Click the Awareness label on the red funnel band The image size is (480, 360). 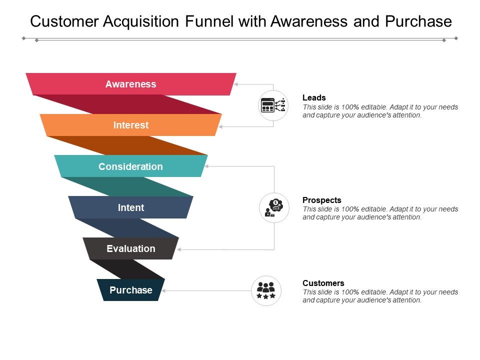pyautogui.click(x=130, y=84)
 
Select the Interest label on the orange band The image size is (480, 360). pyautogui.click(x=131, y=125)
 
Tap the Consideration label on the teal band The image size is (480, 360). pyautogui.click(x=130, y=166)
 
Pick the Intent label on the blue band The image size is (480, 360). pyautogui.click(x=131, y=207)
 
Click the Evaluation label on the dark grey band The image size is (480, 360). pyautogui.click(x=131, y=248)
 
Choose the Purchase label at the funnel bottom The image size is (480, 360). pyautogui.click(x=131, y=290)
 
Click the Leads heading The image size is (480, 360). pyautogui.click(x=314, y=97)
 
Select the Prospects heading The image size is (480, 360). pyautogui.click(x=321, y=200)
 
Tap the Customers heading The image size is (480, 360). pyautogui.click(x=323, y=283)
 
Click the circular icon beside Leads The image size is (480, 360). pyautogui.click(x=273, y=105)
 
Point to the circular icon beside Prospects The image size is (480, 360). pyautogui.click(x=274, y=207)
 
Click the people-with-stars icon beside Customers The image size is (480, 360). pyautogui.click(x=266, y=290)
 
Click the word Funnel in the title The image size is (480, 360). pyautogui.click(x=209, y=21)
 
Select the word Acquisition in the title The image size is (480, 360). pyautogui.click(x=141, y=22)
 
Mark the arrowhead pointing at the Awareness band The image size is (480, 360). pyautogui.click(x=236, y=84)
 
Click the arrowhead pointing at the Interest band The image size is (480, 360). pyautogui.click(x=220, y=126)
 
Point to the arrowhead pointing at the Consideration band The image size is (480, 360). pyautogui.click(x=206, y=166)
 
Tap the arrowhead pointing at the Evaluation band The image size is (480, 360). pyautogui.click(x=179, y=249)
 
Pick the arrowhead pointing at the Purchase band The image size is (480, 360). pyautogui.click(x=164, y=290)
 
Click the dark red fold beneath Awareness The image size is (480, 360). pyautogui.click(x=128, y=104)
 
